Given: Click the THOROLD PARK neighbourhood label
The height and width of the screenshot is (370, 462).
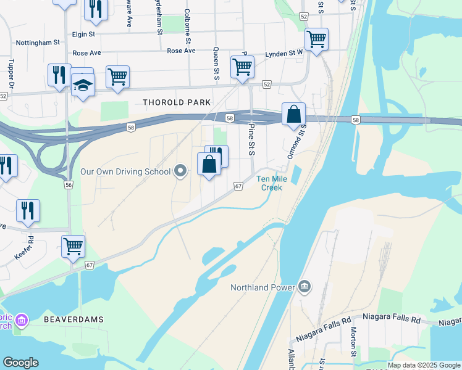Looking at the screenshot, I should click(x=177, y=102).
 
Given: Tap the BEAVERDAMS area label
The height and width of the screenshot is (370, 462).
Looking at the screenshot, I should click(x=73, y=319).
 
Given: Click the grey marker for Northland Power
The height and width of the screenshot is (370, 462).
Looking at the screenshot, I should click(x=304, y=287).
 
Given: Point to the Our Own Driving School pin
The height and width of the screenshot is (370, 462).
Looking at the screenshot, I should click(x=180, y=171).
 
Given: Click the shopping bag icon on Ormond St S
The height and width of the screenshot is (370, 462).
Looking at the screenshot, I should click(x=294, y=114).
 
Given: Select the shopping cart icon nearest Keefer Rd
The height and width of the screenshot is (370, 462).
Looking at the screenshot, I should click(x=73, y=245).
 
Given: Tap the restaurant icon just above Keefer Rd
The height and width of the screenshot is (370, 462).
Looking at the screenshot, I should click(x=28, y=210).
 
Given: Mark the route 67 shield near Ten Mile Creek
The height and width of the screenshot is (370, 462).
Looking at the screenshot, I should click(x=238, y=186).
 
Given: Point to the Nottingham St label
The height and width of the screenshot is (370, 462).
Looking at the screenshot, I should click(x=39, y=43).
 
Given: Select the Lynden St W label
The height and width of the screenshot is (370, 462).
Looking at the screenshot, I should click(x=284, y=54).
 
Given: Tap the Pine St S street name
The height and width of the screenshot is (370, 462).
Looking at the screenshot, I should click(x=251, y=140).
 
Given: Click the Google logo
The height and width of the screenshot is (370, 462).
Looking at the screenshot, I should click(x=20, y=363).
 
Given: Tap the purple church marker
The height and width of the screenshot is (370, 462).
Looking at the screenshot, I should click(x=21, y=320).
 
